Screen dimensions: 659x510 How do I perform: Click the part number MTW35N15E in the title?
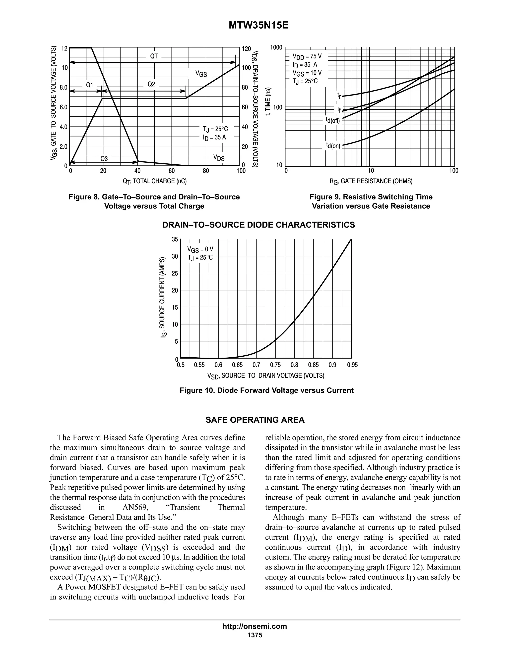tap(258, 26)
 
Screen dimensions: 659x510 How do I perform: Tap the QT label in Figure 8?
tap(154, 56)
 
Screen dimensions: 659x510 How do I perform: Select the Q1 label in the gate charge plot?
tap(89, 85)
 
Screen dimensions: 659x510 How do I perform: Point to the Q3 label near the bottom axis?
tap(104, 159)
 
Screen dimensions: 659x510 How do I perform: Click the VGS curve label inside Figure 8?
tap(201, 74)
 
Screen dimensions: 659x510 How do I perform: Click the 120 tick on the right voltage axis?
tap(247, 48)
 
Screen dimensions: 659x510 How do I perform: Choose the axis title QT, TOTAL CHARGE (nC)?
tap(154, 181)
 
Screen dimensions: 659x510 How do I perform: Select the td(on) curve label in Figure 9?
tap(333, 145)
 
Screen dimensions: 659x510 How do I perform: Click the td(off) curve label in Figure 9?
tap(333, 120)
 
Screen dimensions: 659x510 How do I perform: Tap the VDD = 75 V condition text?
tap(307, 56)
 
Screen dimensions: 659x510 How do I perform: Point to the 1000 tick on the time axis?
tap(276, 47)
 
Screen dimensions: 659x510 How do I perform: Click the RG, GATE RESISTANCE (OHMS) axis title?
tap(371, 181)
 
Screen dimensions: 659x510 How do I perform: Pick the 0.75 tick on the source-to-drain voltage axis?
tap(275, 365)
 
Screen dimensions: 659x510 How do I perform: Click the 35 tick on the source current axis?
tap(175, 239)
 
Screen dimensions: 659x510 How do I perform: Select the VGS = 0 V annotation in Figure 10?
tap(200, 249)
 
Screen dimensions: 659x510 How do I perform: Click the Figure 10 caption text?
tap(266, 390)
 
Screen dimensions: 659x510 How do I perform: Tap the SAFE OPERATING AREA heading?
tap(255, 420)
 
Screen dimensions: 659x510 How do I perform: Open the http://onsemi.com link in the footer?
tap(255, 626)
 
